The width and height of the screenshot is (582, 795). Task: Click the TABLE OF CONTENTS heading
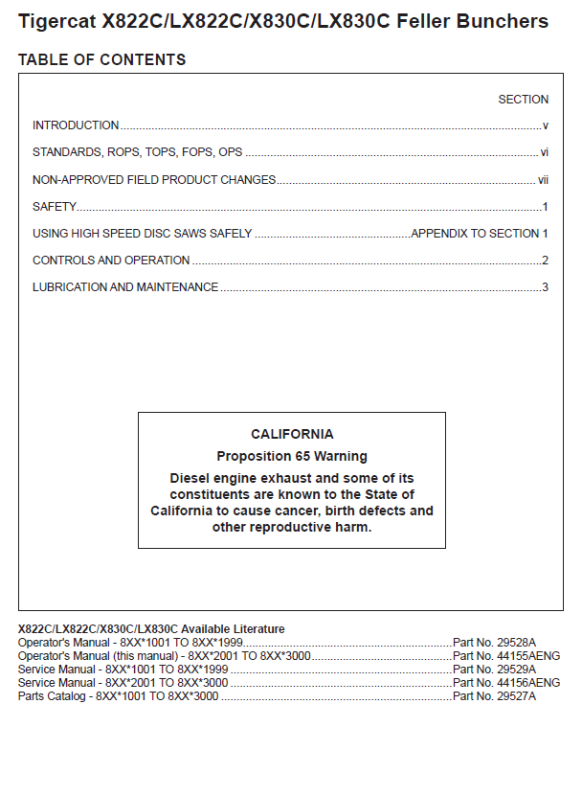pos(101,60)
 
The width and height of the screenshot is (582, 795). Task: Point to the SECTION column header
pos(523,100)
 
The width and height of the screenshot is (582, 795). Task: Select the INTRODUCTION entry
pos(76,125)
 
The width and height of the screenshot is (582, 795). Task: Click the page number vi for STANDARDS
pos(544,152)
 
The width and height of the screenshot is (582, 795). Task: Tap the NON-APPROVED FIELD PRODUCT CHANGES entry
pos(154,180)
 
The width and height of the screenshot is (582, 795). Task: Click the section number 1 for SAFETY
pos(545,207)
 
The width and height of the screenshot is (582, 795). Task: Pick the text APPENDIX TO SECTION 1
pos(480,234)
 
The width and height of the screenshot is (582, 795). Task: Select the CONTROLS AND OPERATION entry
pos(111,261)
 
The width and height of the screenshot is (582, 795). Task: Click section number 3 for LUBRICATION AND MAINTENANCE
pos(545,287)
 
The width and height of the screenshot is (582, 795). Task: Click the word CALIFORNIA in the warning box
pos(292,435)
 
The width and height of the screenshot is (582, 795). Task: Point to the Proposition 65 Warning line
pos(292,456)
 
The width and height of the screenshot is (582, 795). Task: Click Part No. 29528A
pos(494,643)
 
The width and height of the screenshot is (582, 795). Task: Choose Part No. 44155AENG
pos(505,656)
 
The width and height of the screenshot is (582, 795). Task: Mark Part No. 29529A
pos(494,670)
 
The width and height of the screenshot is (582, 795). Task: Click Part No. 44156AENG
pos(505,683)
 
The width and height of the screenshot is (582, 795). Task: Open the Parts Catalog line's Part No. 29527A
pos(494,696)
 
